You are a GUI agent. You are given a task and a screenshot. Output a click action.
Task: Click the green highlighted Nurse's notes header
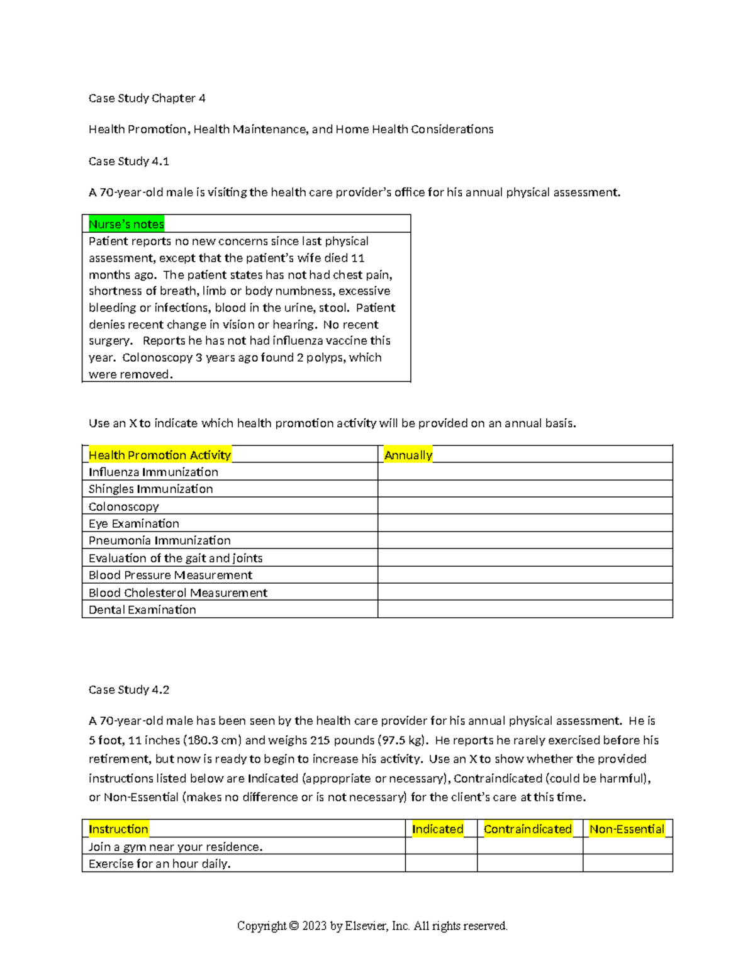(x=126, y=224)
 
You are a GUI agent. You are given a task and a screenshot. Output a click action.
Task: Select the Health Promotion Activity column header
(x=160, y=455)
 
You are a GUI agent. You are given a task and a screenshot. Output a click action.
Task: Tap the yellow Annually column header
(x=408, y=455)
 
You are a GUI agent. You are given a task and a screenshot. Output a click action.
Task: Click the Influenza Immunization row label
(x=154, y=472)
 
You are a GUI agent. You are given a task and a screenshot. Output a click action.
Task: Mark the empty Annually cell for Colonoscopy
(x=525, y=506)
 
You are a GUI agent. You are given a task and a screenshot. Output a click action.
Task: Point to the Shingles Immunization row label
(x=151, y=489)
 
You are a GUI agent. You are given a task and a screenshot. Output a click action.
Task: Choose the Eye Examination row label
(x=134, y=523)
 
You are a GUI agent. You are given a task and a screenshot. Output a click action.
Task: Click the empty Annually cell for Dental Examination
(x=525, y=610)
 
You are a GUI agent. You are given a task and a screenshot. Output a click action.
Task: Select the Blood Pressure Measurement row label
(x=171, y=575)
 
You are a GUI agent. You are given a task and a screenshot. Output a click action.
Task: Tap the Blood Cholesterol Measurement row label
(x=178, y=593)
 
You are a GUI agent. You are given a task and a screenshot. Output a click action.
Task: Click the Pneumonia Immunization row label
(x=160, y=540)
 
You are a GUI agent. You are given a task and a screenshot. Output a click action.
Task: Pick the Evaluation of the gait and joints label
(x=176, y=558)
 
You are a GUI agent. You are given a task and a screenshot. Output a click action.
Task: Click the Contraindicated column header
(x=528, y=829)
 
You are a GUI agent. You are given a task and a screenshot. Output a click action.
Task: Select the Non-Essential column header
(x=627, y=829)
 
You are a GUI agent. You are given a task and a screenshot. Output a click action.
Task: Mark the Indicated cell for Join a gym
(x=441, y=847)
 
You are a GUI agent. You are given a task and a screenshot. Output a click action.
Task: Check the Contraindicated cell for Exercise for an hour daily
(x=530, y=864)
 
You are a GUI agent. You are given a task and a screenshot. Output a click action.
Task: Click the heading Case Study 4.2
(x=129, y=689)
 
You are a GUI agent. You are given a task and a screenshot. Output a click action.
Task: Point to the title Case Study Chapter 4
(x=147, y=98)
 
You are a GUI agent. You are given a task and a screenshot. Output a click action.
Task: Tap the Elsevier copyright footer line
(x=372, y=925)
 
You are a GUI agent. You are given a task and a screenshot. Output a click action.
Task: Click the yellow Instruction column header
(x=118, y=829)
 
